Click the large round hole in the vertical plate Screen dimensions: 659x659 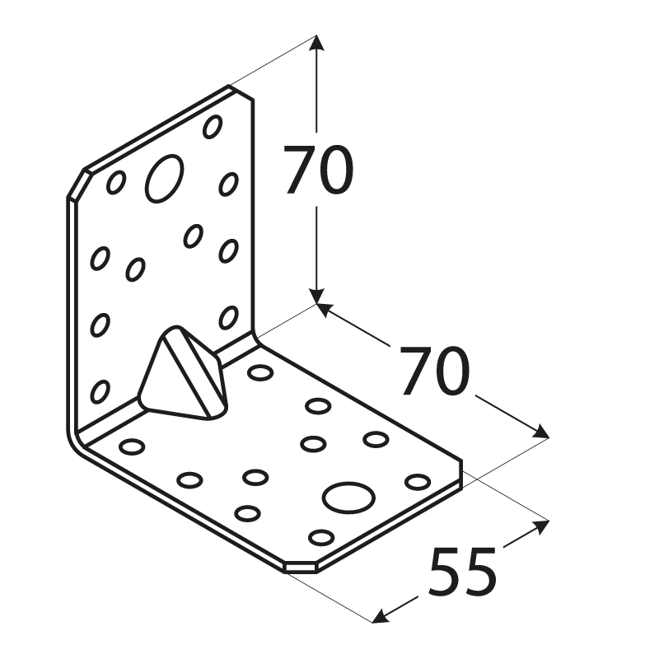click(164, 176)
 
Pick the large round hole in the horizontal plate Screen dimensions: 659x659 click(349, 496)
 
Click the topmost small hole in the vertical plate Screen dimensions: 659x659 click(213, 126)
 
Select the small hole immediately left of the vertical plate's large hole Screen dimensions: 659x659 click(115, 182)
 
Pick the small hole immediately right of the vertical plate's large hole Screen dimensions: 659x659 click(228, 184)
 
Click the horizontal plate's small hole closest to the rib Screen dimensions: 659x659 click(260, 372)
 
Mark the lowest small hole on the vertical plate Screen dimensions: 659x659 click(100, 390)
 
